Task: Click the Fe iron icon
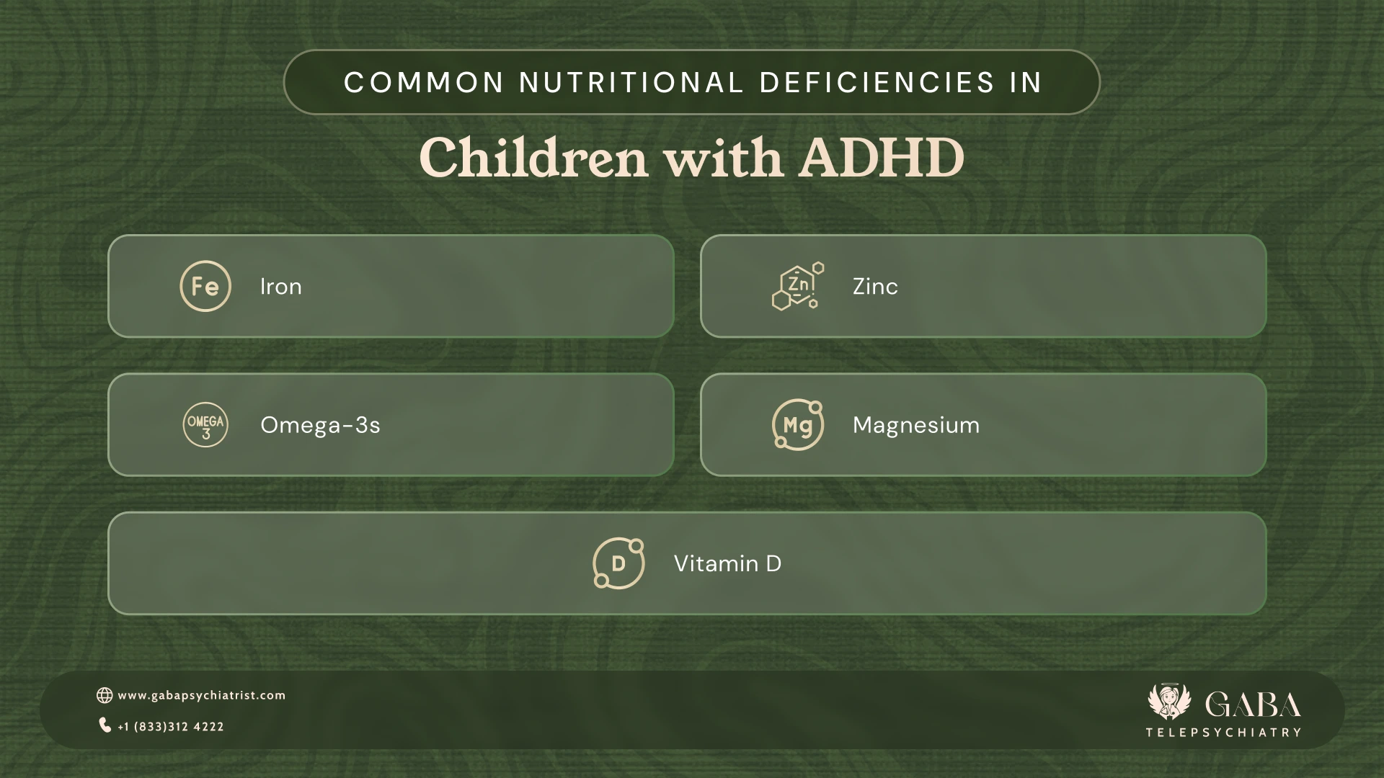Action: (x=205, y=286)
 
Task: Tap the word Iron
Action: (x=281, y=287)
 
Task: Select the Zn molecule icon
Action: (x=798, y=286)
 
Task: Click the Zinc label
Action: (x=875, y=287)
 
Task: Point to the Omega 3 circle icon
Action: (x=205, y=425)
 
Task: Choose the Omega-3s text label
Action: (x=320, y=425)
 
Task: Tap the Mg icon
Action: (x=798, y=425)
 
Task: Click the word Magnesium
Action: (x=916, y=425)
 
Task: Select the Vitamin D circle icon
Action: (x=618, y=563)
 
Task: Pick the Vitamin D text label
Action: (x=727, y=563)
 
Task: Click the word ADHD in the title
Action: (x=881, y=158)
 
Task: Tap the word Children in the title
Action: (x=533, y=158)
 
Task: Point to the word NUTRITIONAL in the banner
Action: (x=631, y=82)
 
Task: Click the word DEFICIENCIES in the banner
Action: (x=877, y=82)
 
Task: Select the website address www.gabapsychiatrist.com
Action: (x=202, y=695)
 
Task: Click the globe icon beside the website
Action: (x=105, y=695)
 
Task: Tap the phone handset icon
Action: (x=105, y=725)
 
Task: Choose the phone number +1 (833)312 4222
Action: (x=171, y=727)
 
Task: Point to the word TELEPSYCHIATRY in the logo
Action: (x=1223, y=733)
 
